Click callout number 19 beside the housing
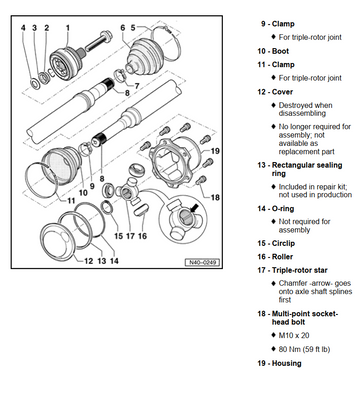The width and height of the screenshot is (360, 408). (215, 151)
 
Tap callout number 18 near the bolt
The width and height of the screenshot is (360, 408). (215, 197)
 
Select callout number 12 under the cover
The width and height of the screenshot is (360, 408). (88, 261)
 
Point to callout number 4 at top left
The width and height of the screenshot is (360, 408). (23, 28)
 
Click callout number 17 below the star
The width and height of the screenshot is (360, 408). (130, 236)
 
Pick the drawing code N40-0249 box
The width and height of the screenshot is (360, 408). (202, 262)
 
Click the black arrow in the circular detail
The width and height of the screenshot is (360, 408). (194, 208)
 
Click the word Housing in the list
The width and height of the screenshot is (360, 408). (286, 363)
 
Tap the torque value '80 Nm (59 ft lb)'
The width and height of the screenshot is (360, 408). (304, 349)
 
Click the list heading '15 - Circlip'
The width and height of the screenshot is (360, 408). (276, 243)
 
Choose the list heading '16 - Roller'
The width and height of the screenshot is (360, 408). (275, 257)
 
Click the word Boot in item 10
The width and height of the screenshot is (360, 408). (280, 51)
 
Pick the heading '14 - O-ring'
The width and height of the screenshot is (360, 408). (275, 209)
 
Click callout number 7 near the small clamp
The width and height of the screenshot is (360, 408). (137, 86)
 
